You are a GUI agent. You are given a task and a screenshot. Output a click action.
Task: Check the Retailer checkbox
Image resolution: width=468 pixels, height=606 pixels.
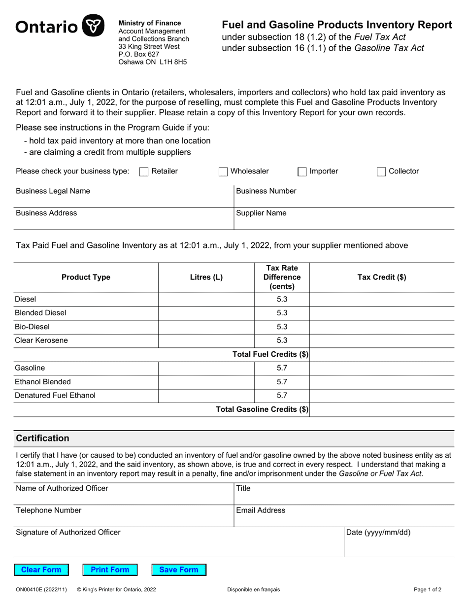point(144,171)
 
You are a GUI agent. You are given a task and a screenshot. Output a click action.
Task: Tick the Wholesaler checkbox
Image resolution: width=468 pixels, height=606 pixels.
point(223,171)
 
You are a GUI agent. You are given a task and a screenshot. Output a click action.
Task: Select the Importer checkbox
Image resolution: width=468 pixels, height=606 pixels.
point(302,171)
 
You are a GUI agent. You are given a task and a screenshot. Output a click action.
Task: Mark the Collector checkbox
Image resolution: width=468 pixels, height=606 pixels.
point(381,171)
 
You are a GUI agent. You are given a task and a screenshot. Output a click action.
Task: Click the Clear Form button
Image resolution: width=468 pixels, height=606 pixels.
point(41,570)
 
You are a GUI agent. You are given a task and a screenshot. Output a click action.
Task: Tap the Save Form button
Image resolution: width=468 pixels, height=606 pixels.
point(179,570)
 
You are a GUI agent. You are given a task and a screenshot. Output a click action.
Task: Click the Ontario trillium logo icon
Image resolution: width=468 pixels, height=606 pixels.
point(93,26)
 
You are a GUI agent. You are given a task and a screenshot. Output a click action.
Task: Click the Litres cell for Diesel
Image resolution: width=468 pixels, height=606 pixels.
point(206,300)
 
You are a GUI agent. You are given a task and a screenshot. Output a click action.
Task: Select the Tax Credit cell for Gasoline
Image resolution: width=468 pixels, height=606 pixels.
point(381,368)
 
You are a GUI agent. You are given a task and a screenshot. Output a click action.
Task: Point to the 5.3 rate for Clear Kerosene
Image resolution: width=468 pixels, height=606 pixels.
point(282,340)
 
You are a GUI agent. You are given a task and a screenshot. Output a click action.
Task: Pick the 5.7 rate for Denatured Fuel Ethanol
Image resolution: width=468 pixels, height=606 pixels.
point(282,395)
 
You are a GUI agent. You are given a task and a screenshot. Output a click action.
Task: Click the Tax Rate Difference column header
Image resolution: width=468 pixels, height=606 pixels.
point(282,277)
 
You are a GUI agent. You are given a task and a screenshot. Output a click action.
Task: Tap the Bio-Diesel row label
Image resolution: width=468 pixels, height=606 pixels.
point(33,327)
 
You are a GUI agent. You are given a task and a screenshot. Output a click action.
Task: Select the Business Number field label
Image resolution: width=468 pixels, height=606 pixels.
point(267,191)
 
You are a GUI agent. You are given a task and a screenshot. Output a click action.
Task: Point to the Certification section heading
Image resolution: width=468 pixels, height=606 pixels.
point(43,438)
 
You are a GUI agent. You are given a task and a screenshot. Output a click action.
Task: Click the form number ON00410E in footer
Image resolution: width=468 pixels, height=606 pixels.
point(31,589)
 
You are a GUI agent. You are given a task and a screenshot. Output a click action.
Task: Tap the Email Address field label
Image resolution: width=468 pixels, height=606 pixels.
point(261,510)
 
